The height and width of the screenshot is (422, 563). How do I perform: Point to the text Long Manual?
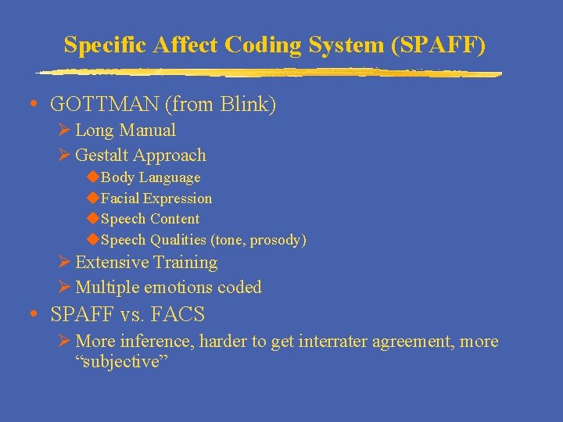point(125,130)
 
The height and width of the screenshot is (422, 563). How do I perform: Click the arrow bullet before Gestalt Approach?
point(65,155)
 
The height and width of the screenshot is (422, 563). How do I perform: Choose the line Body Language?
point(150,177)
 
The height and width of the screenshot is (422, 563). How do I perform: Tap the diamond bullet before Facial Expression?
point(92,198)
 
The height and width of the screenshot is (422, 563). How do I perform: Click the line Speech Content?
point(150,219)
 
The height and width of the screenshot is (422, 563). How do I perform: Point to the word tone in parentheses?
point(221,240)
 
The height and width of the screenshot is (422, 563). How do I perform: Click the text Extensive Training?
point(145,263)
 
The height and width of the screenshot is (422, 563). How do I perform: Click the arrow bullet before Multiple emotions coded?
point(65,287)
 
